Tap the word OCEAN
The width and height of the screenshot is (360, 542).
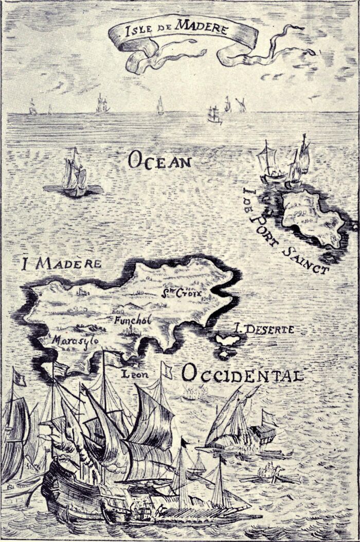coord(159,161)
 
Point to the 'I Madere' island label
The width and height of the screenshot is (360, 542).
coord(61,264)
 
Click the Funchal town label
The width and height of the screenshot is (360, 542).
coord(133,321)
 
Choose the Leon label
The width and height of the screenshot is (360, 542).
coord(135,374)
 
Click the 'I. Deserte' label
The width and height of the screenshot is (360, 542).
coord(263,328)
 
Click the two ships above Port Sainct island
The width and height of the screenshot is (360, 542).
coord(285,162)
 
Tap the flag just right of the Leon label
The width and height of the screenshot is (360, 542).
coord(166,370)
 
